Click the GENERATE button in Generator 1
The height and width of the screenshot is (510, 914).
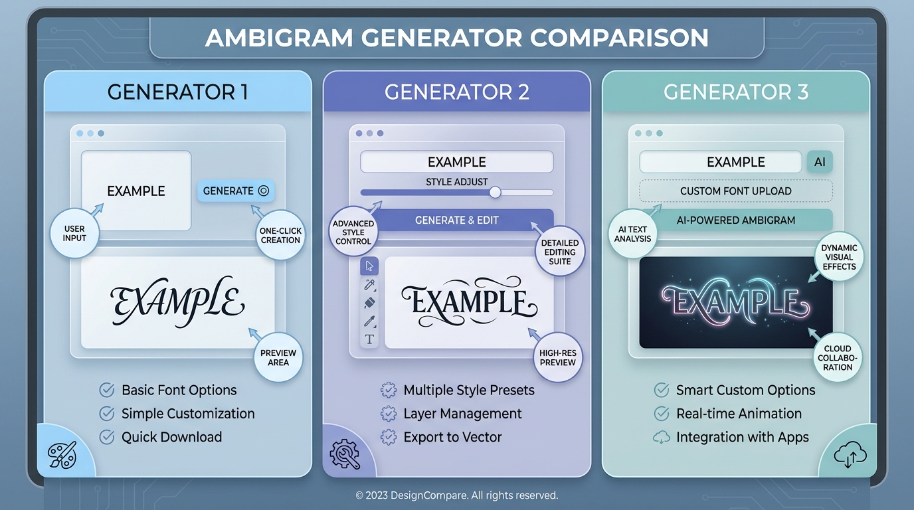click(x=236, y=191)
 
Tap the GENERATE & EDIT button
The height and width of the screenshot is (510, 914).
click(x=457, y=220)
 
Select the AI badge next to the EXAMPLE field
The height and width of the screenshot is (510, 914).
click(x=819, y=162)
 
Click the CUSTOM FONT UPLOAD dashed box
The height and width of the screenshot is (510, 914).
click(x=735, y=191)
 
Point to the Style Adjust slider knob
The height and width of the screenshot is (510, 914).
click(x=495, y=193)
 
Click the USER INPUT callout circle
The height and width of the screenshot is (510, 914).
click(x=74, y=233)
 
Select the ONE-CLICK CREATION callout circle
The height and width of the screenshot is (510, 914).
click(x=280, y=235)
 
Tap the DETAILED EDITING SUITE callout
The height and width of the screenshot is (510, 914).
click(x=559, y=252)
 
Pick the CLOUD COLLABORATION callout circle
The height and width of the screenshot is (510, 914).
click(x=838, y=358)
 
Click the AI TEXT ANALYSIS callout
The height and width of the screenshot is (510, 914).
click(x=632, y=234)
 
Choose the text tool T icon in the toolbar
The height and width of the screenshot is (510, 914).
click(x=369, y=339)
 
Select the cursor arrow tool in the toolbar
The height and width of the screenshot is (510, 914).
click(x=369, y=266)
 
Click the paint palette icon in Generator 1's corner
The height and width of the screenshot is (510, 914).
click(x=62, y=455)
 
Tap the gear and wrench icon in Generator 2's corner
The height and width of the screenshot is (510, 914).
click(x=345, y=455)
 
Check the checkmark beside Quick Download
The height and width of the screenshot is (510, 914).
click(x=106, y=437)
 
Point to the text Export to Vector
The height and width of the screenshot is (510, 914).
click(x=452, y=437)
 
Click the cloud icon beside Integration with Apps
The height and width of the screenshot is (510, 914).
click(x=661, y=437)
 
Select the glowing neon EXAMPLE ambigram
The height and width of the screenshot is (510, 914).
click(x=735, y=302)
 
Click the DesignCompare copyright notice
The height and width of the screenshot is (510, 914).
click(x=457, y=495)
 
